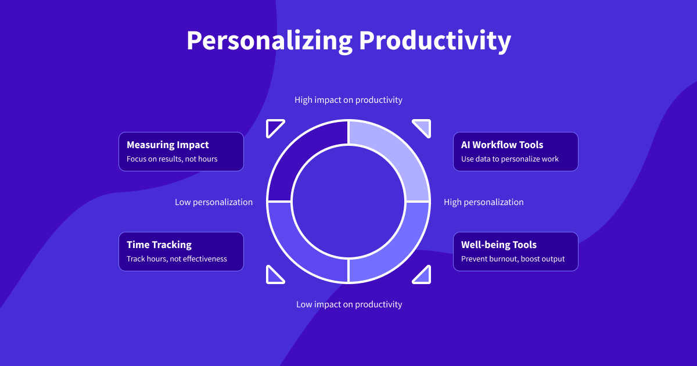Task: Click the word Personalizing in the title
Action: click(x=270, y=41)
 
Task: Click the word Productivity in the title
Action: click(x=435, y=41)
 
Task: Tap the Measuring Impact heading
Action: click(x=168, y=145)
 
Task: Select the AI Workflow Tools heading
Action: click(x=502, y=145)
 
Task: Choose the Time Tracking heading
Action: click(x=159, y=245)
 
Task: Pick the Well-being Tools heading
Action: click(x=499, y=245)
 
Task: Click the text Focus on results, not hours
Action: click(x=172, y=159)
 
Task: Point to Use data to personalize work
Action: click(x=510, y=159)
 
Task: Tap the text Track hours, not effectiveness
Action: click(x=177, y=259)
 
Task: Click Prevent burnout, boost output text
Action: click(x=513, y=259)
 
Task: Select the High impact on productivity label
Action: click(x=348, y=100)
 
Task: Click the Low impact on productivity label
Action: click(x=349, y=304)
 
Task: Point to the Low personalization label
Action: click(x=214, y=202)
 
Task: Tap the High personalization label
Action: click(x=483, y=202)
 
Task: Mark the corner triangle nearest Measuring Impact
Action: click(x=274, y=127)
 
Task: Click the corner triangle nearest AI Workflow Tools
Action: click(x=423, y=127)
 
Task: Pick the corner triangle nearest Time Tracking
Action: click(x=274, y=277)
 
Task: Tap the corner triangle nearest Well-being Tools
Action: click(x=423, y=277)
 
